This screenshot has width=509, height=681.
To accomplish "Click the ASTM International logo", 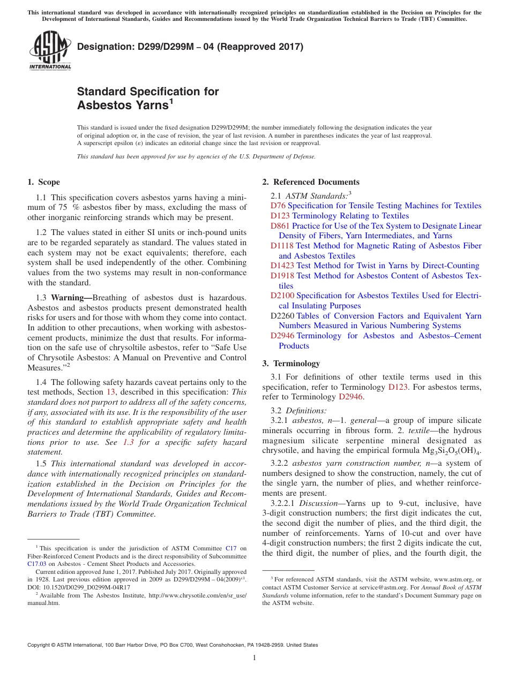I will (x=50, y=51).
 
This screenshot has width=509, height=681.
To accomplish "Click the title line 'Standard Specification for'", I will (x=148, y=92).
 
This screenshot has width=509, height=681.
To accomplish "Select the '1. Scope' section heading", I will (x=44, y=182).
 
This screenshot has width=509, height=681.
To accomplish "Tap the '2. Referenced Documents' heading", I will (x=311, y=182).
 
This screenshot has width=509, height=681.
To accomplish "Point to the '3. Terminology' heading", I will (x=291, y=364).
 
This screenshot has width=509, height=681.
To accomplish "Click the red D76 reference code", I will (x=278, y=206).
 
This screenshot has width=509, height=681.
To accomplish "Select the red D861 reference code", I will (x=280, y=226).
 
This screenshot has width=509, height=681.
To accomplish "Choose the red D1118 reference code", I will (x=282, y=246).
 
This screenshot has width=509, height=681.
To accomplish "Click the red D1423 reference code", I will (x=282, y=266).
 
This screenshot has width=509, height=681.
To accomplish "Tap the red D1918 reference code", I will (x=282, y=276).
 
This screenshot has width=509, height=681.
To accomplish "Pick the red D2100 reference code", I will (x=282, y=296).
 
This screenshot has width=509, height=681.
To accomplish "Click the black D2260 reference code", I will (x=282, y=316).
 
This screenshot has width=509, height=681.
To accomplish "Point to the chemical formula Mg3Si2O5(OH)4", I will (x=448, y=451).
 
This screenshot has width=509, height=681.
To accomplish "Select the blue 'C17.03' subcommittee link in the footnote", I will (x=37, y=563).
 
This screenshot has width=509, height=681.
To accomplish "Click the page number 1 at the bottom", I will (x=254, y=658).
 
